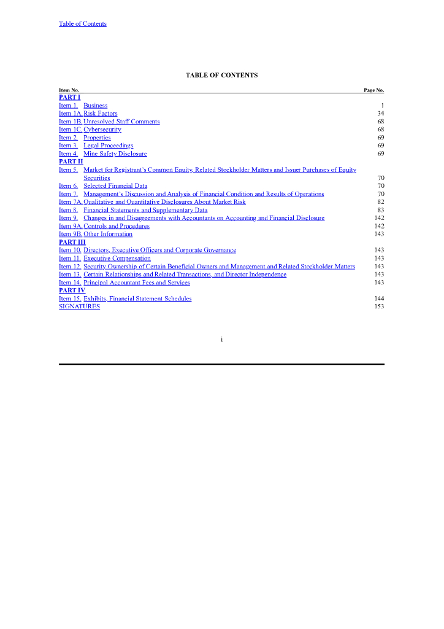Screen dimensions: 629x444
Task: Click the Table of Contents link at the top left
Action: pyautogui.click(x=82, y=24)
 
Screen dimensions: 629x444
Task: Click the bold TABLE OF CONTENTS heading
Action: pyautogui.click(x=221, y=76)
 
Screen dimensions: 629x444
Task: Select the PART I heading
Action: pyautogui.click(x=69, y=98)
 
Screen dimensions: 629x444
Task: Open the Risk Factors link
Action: pyautogui.click(x=101, y=114)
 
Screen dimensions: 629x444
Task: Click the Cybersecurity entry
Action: pyautogui.click(x=102, y=130)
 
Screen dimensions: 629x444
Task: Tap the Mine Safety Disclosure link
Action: pyautogui.click(x=115, y=154)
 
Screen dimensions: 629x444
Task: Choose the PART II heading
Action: pyautogui.click(x=71, y=162)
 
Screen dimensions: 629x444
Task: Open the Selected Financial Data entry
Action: pyautogui.click(x=115, y=186)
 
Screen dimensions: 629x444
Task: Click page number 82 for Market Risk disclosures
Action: pyautogui.click(x=380, y=201)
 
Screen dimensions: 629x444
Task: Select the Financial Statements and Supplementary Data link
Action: pyautogui.click(x=145, y=210)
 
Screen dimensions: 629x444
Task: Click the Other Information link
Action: pyautogui.click(x=108, y=234)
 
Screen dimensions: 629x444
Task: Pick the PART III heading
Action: pyautogui.click(x=72, y=242)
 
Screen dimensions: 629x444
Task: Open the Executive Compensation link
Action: pyautogui.click(x=117, y=259)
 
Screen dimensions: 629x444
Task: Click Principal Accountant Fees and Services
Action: pyautogui.click(x=137, y=283)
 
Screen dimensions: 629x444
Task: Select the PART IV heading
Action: pyautogui.click(x=72, y=291)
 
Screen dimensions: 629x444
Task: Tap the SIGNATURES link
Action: pyautogui.click(x=79, y=307)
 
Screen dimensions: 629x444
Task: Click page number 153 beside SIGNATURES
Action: pyautogui.click(x=379, y=307)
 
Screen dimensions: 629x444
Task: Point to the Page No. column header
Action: pyautogui.click(x=373, y=90)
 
